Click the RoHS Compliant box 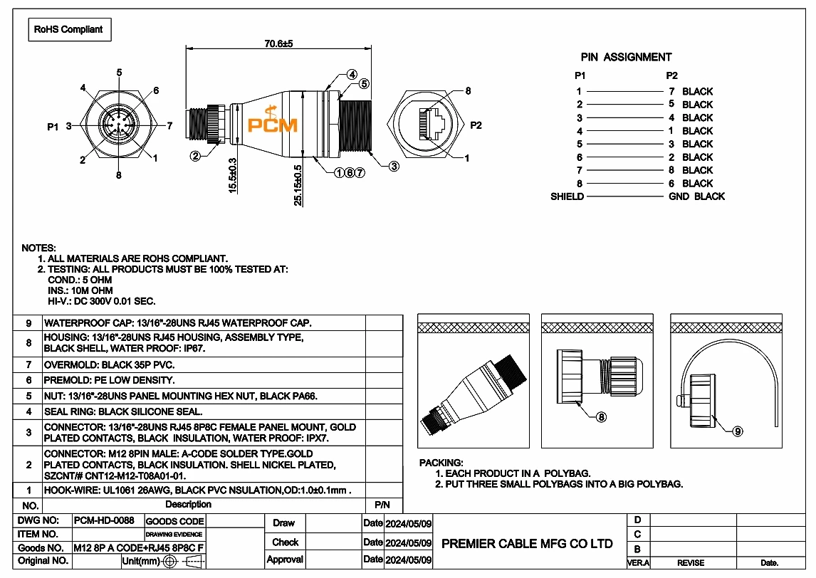[x=68, y=30]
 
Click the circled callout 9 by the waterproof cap [x=738, y=431]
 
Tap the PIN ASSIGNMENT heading [x=626, y=57]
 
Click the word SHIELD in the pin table [x=567, y=196]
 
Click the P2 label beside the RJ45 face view [x=476, y=126]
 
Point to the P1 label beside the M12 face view [x=53, y=127]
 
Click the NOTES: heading [x=39, y=248]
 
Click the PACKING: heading [x=441, y=463]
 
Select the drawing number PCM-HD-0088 [x=104, y=520]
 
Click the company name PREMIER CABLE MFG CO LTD [x=527, y=544]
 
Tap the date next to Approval [x=408, y=560]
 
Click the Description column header [x=188, y=505]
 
